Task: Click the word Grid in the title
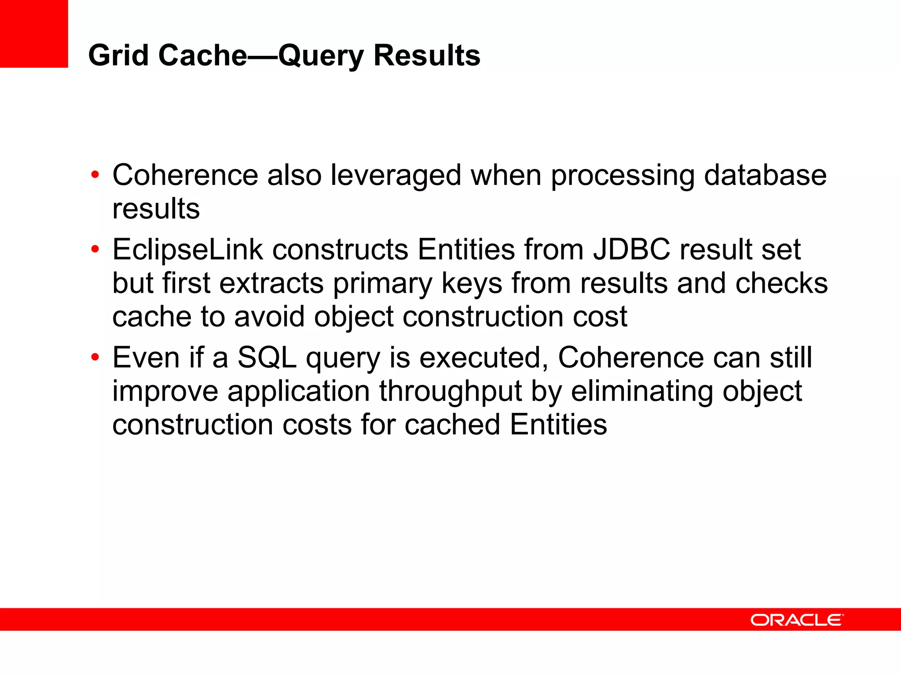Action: click(118, 55)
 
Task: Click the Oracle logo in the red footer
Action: click(797, 620)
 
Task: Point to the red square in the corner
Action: click(34, 33)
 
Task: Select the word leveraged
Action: click(396, 175)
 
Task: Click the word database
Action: click(765, 175)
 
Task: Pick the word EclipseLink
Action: click(187, 250)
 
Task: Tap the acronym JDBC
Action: click(631, 250)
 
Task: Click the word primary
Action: click(383, 284)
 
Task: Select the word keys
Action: click(472, 284)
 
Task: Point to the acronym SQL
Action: click(267, 357)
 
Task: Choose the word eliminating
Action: click(642, 391)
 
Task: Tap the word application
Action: click(298, 392)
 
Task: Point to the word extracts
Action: click(271, 283)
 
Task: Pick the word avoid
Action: click(269, 316)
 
